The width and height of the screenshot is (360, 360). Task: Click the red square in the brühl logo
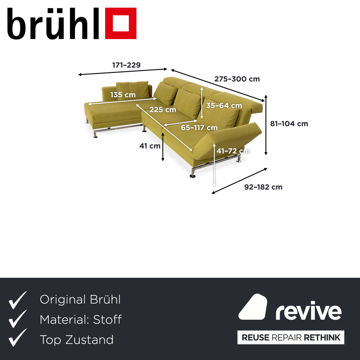coord(121,23)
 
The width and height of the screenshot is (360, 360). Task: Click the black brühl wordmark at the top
coord(53,24)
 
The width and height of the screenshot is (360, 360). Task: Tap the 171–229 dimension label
coord(126,65)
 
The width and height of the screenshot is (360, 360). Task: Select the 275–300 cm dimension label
coord(237,79)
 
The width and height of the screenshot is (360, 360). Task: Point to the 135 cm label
coord(123,95)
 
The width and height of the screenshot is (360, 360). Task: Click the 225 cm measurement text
coord(163,109)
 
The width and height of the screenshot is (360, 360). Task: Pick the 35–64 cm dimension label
coord(224,106)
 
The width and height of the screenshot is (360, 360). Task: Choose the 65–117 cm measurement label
coord(199,128)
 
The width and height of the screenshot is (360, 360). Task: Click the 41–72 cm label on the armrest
coord(233,151)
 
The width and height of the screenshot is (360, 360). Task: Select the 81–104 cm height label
coord(289,124)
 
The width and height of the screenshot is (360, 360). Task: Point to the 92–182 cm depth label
coord(263,187)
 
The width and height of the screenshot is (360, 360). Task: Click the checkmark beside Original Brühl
coord(18,300)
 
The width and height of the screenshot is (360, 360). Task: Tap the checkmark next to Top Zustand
coord(18,337)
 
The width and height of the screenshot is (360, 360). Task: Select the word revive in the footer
coord(308,312)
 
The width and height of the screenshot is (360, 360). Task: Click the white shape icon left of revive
coord(253,307)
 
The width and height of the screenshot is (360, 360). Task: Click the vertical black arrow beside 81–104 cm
coord(266,125)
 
